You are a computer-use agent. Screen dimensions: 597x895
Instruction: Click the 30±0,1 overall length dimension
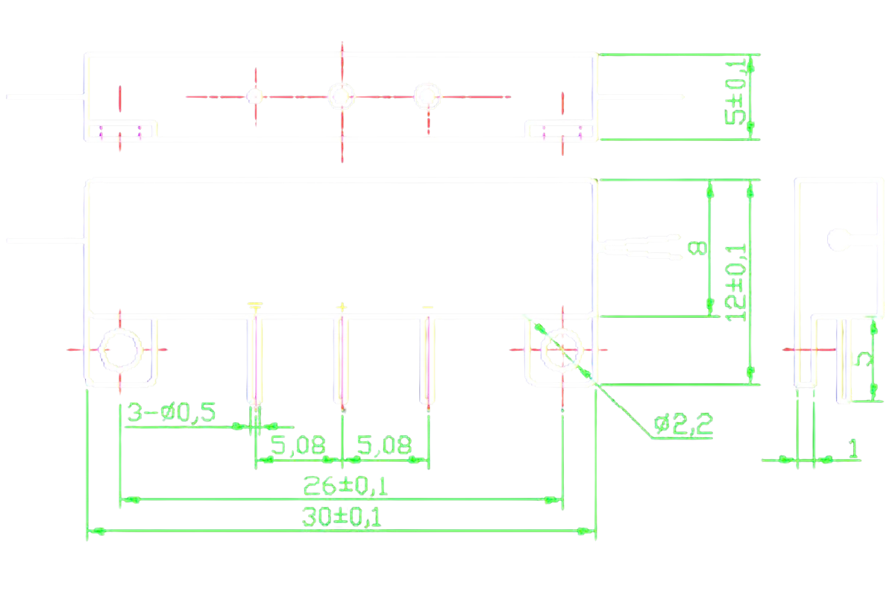coord(342,517)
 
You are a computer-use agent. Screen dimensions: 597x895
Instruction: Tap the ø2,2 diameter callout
coord(683,426)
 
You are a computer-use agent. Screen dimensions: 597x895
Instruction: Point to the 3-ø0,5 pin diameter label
coord(172,413)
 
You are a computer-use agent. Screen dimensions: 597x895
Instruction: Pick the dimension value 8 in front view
coord(695,248)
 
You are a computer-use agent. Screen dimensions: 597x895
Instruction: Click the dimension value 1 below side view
coord(852,448)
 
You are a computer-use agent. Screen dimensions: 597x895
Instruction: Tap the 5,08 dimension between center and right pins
coord(384,446)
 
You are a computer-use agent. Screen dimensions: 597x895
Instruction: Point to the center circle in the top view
coord(342,96)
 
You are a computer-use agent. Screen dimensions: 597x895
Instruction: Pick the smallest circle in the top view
coord(254,96)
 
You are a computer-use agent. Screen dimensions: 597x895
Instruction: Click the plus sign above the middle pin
coord(342,306)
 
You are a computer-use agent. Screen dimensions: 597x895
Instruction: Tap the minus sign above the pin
coord(427,306)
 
